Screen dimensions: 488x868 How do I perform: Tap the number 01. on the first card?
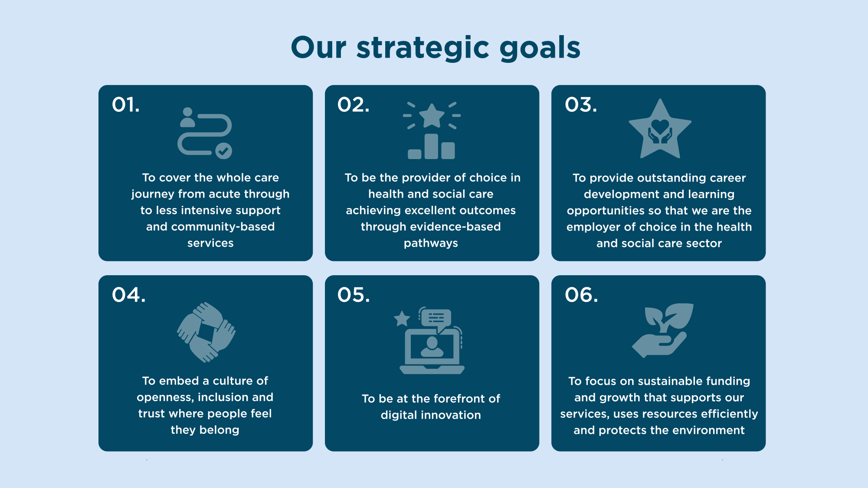point(126,105)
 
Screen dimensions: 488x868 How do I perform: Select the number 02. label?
point(354,105)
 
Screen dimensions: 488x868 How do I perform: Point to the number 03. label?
point(581,105)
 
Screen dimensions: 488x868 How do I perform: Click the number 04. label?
point(129,295)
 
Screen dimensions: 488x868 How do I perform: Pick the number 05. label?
point(354,295)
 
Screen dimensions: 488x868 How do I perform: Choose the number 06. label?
point(581,295)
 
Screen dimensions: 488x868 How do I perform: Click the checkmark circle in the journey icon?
point(224,151)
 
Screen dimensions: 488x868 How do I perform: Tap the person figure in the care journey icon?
point(187,117)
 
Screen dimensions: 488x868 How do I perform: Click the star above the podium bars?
point(432,116)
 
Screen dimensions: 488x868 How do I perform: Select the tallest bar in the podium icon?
point(431,146)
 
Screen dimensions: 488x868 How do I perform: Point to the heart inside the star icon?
point(660,126)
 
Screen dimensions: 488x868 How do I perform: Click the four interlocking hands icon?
point(206,332)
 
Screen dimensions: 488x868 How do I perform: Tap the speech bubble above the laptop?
point(436,318)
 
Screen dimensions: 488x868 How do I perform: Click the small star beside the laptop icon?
point(402,319)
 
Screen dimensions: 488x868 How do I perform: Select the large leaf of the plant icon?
point(680,315)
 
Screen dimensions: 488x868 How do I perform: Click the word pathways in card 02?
point(431,243)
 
